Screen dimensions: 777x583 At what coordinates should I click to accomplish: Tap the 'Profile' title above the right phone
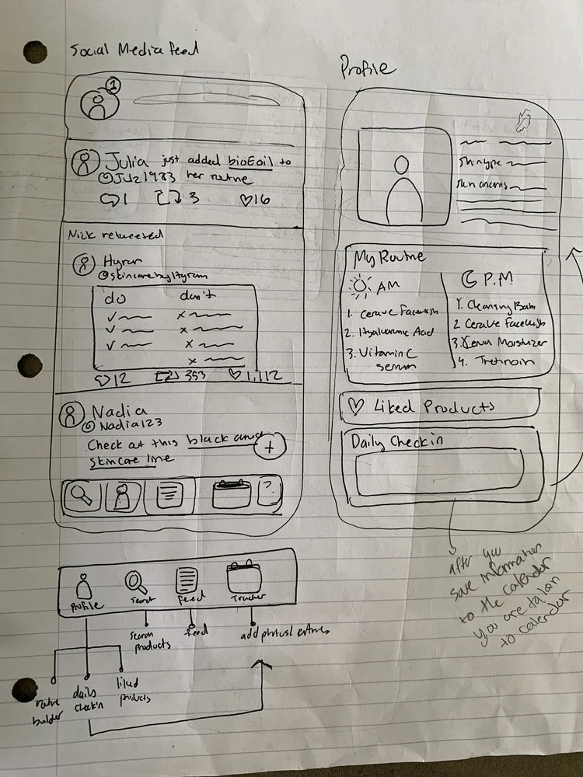coord(368,69)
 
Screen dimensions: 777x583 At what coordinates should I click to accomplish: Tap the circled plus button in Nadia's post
coord(269,447)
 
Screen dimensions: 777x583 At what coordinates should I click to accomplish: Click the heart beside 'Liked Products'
coord(357,405)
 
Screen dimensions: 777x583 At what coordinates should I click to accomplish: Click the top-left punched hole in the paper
coord(35,52)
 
